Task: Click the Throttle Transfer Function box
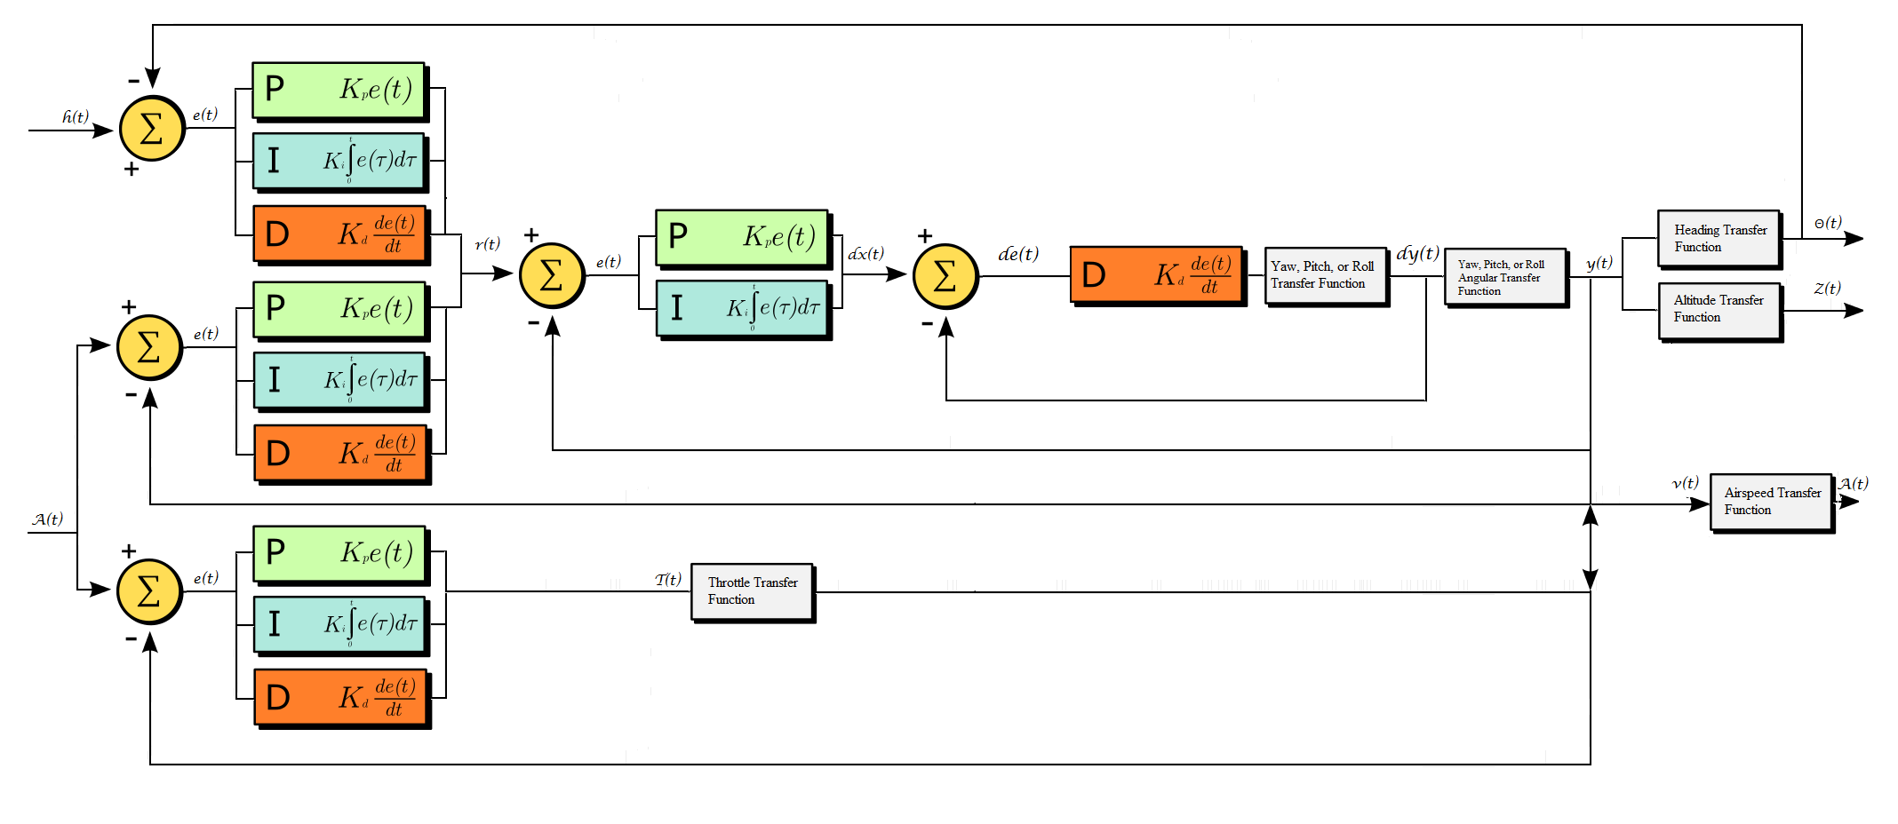click(752, 591)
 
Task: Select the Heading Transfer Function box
click(1719, 238)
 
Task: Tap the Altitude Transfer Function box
click(1719, 309)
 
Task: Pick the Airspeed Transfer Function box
click(1771, 502)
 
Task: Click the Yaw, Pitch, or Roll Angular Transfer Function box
click(1505, 277)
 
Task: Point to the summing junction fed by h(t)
click(152, 129)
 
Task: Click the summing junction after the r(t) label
click(552, 275)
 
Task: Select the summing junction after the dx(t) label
click(945, 275)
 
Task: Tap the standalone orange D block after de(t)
click(1156, 275)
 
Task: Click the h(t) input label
click(76, 117)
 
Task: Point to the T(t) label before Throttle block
click(668, 579)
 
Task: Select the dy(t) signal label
click(1417, 254)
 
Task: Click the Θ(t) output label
click(1828, 223)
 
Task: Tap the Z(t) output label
click(1827, 289)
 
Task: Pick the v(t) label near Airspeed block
click(1685, 483)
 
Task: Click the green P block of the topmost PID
click(338, 90)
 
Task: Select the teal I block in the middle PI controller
click(742, 308)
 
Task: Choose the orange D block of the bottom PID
click(340, 697)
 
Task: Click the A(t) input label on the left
click(48, 519)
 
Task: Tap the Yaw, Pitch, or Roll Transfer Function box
click(1325, 275)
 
